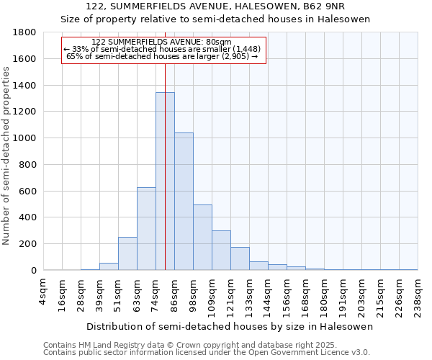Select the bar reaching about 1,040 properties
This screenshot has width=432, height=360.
tap(184, 202)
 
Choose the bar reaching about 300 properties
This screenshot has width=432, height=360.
tap(221, 251)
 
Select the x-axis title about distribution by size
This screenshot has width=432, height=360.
tap(229, 327)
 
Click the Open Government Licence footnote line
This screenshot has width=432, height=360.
tap(206, 353)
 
